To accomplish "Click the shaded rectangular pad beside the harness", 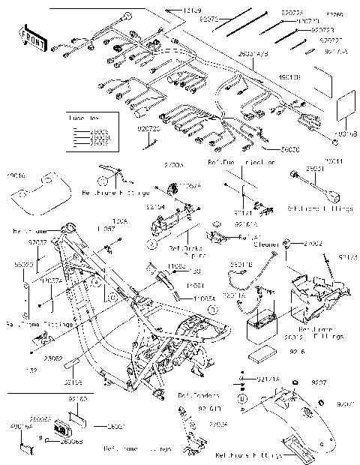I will [346, 105].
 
